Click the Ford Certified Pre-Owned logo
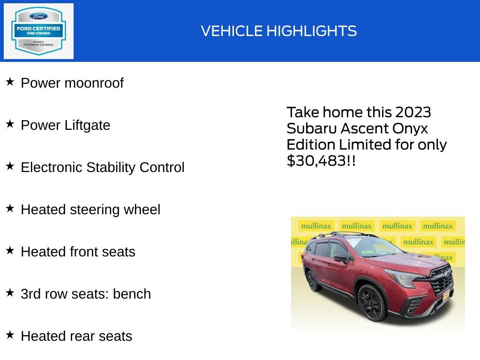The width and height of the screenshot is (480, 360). pyautogui.click(x=38, y=31)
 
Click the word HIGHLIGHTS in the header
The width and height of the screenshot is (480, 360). pyautogui.click(x=311, y=31)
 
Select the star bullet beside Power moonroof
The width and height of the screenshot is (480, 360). pyautogui.click(x=10, y=82)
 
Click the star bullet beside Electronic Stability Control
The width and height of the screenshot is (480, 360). pyautogui.click(x=10, y=166)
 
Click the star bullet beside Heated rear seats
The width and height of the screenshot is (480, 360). pyautogui.click(x=10, y=335)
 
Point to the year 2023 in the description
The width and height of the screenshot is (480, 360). pyautogui.click(x=412, y=112)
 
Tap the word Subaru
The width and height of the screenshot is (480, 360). pyautogui.click(x=311, y=128)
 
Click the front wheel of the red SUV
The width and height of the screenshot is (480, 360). pyautogui.click(x=372, y=302)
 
